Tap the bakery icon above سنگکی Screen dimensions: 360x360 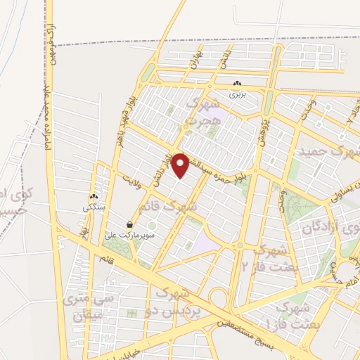(x=93, y=198)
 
